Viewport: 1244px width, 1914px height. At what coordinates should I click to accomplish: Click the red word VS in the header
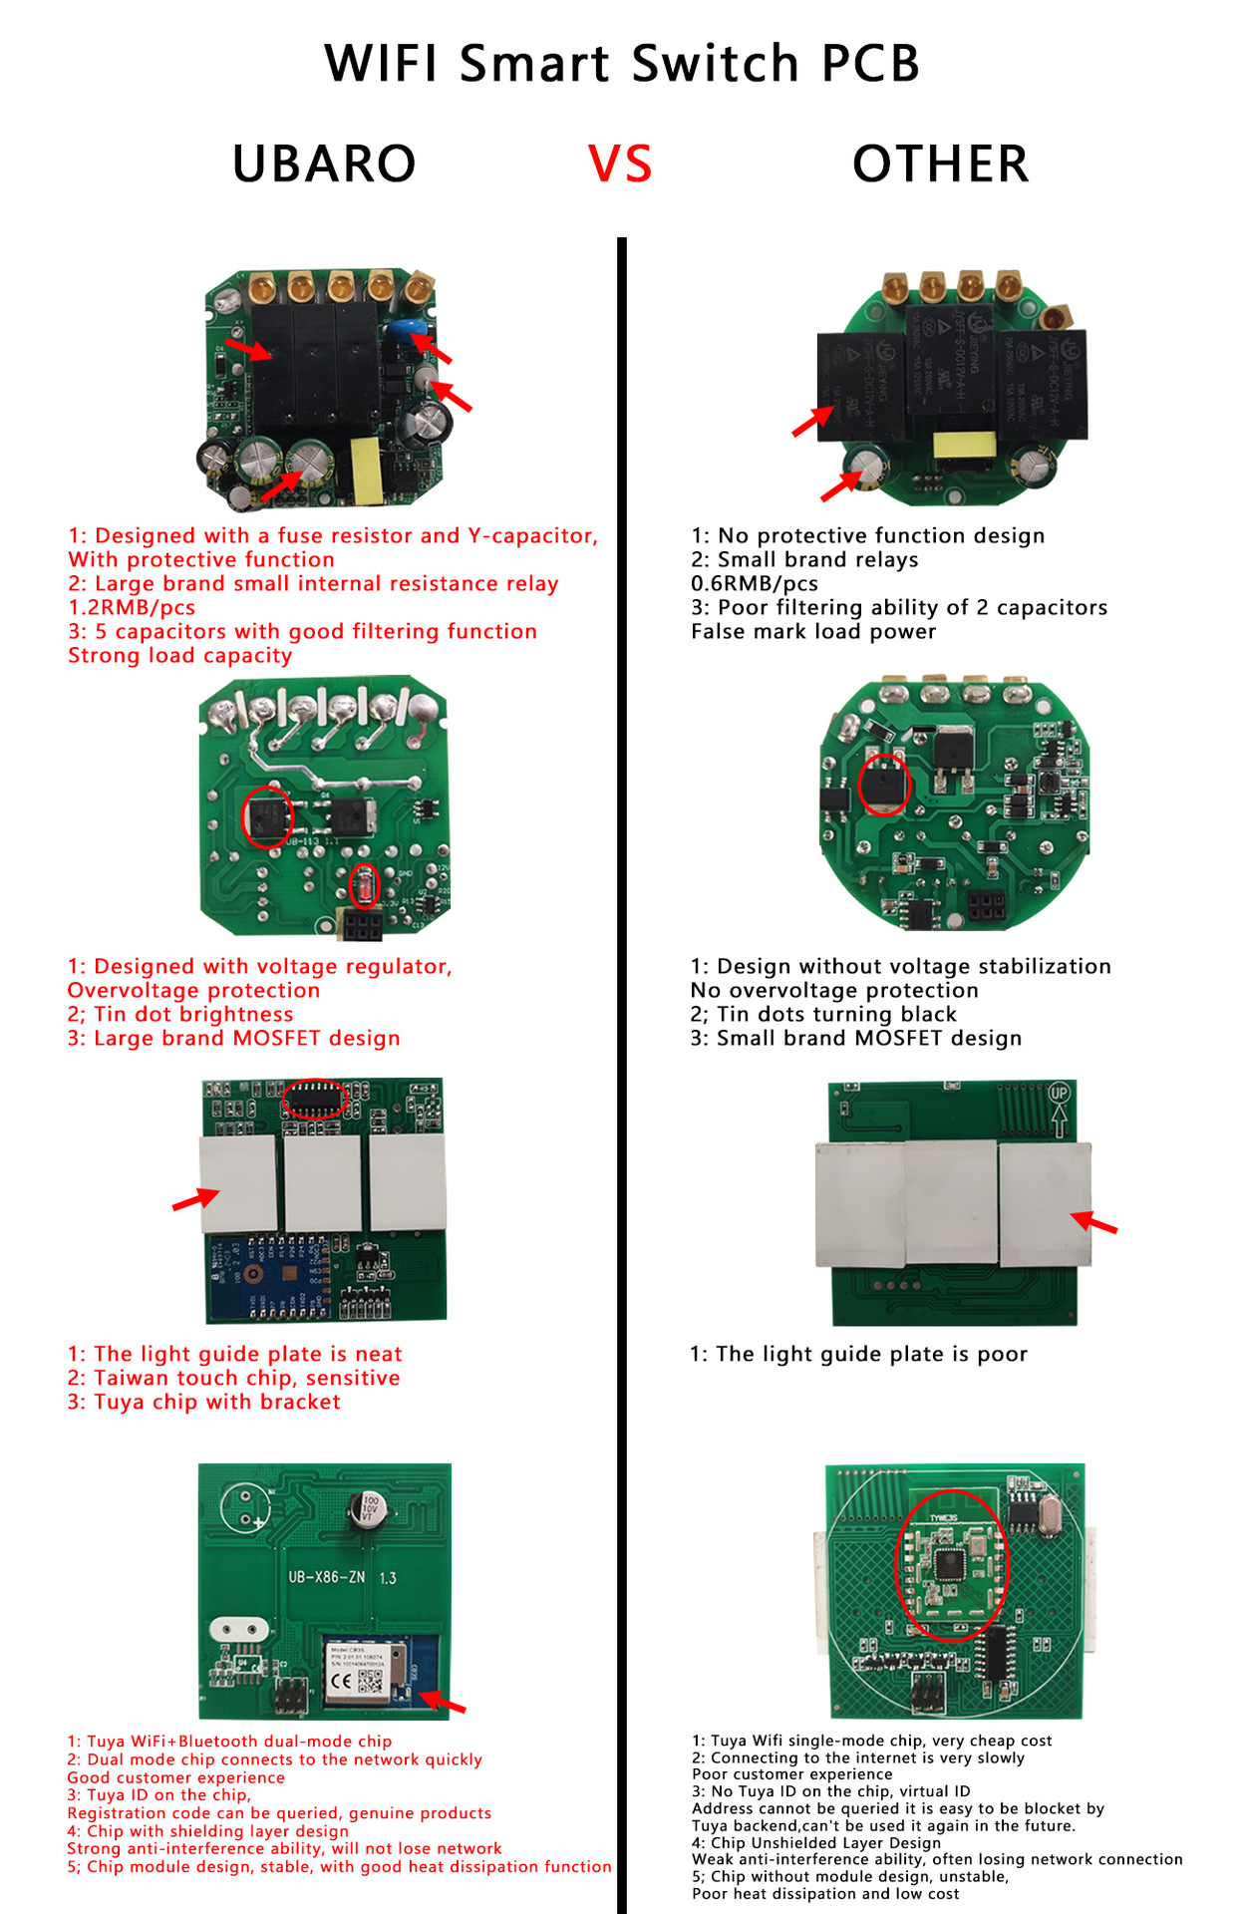pos(620,164)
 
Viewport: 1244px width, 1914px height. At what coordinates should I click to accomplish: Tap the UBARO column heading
pos(324,164)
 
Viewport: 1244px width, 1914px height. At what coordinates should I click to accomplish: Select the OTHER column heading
pos(940,164)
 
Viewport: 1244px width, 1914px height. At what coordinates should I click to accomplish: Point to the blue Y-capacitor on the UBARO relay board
pos(404,330)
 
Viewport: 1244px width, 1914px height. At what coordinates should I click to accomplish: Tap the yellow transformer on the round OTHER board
pos(964,446)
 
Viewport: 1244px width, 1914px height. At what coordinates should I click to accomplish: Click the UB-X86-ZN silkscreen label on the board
pos(327,1577)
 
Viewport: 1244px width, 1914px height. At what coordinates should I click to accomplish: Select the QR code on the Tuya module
pos(370,1683)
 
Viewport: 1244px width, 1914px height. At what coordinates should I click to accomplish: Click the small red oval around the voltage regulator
pos(366,885)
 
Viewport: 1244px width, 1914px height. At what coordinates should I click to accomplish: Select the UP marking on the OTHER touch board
pos(1059,1094)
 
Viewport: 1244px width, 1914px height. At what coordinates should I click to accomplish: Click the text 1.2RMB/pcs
pos(132,608)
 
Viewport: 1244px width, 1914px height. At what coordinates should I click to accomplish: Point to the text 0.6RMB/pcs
pos(755,584)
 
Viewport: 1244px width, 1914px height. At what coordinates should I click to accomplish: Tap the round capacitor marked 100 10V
pos(369,1508)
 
